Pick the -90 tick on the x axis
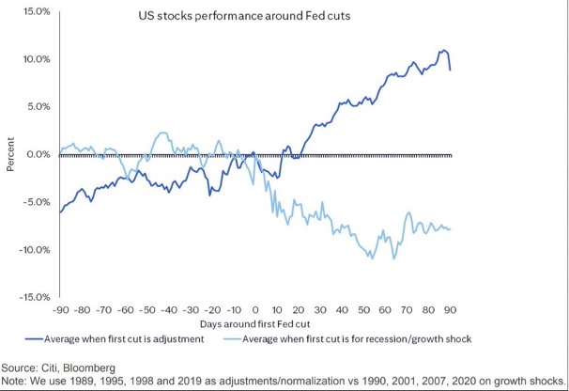[60, 308]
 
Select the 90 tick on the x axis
[450, 308]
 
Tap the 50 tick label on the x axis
[363, 308]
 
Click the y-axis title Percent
[11, 155]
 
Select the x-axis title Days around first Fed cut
[254, 322]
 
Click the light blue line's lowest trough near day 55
[373, 258]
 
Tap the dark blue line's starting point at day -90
[60, 211]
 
